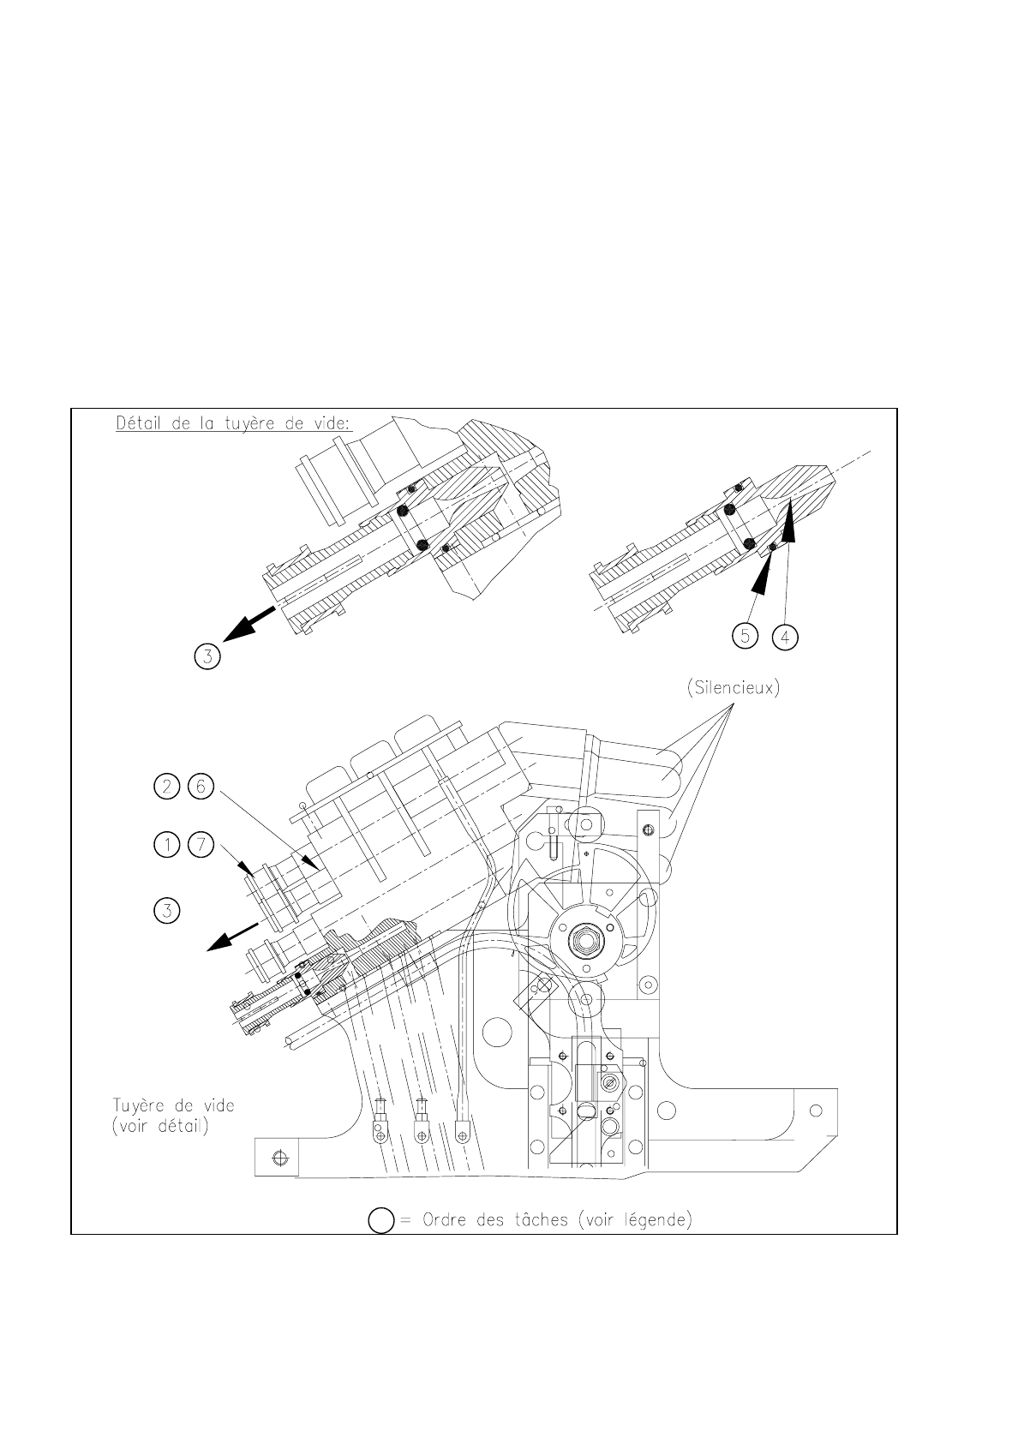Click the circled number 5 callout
click(x=746, y=637)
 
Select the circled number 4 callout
click(x=784, y=637)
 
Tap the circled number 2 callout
click(x=167, y=787)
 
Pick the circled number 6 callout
click(x=200, y=787)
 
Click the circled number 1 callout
click(x=167, y=846)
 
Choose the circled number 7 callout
click(x=200, y=846)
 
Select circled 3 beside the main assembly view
click(x=167, y=910)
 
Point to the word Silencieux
click(x=733, y=691)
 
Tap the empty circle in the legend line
click(x=380, y=1221)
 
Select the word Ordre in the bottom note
click(x=450, y=1219)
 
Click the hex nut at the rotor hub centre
click(x=587, y=942)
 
